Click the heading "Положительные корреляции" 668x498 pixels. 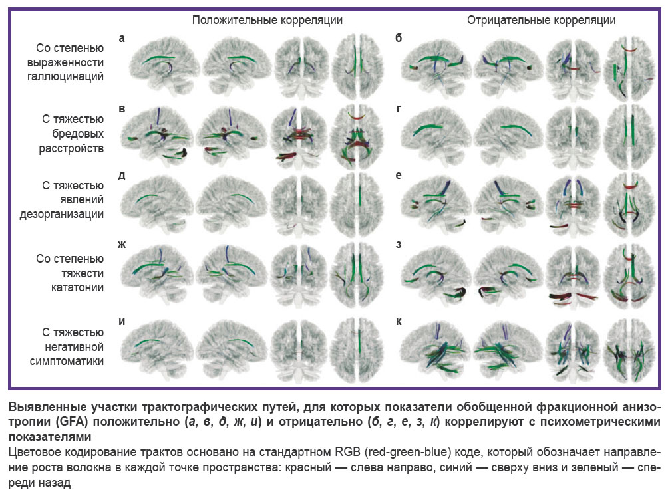tap(267, 20)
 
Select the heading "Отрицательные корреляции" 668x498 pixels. tap(541, 20)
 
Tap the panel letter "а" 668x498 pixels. tap(122, 39)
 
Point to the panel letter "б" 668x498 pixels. tap(399, 37)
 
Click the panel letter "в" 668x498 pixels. tap(122, 108)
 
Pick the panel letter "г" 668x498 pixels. tap(399, 108)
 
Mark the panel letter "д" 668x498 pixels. tap(122, 176)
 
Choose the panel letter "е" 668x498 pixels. tap(399, 175)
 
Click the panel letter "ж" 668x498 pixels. tap(122, 244)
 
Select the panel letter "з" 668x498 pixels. tap(399, 244)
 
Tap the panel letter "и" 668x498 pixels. tap(122, 321)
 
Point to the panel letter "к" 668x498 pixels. tap(399, 321)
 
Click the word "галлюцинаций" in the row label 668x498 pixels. tap(65, 76)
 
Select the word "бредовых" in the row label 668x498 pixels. tap(78, 133)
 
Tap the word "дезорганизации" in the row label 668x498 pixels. tap(62, 214)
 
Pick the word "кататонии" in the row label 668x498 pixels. tap(77, 287)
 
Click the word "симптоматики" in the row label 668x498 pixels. tap(67, 361)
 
